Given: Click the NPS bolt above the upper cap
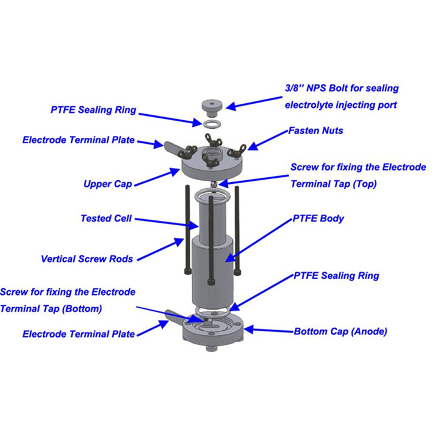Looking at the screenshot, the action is pos(212,109).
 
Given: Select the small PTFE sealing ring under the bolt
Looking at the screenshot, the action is pos(212,124).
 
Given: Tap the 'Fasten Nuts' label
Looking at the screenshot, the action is pos(316,130).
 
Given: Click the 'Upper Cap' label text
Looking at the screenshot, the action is pos(107,184).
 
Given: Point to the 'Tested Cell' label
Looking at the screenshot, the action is pos(106,218).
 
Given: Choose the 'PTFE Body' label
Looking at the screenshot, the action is pos(318,218).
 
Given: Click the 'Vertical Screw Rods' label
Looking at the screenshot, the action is pos(87,259).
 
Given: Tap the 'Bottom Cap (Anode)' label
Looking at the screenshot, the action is pos(340,331).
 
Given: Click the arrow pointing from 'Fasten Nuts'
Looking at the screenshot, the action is pos(267,140).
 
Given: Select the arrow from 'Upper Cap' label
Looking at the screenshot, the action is pos(157,177).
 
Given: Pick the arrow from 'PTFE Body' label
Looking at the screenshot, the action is pos(259,240).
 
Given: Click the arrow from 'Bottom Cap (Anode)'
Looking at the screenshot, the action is pos(269,330).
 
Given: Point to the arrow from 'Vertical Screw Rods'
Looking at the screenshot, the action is pos(161,249).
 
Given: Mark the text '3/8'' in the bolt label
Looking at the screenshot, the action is pos(294,88).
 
